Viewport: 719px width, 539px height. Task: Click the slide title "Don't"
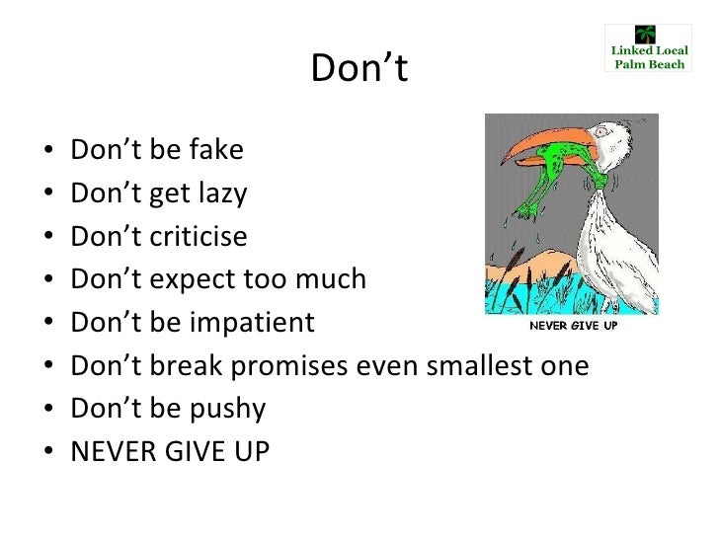pos(359,68)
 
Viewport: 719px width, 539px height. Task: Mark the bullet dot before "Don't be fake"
pos(48,153)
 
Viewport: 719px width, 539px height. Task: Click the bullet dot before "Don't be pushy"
pos(48,411)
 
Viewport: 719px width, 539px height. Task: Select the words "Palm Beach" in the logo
pos(649,64)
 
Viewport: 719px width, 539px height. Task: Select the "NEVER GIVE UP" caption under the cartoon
pos(574,326)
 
